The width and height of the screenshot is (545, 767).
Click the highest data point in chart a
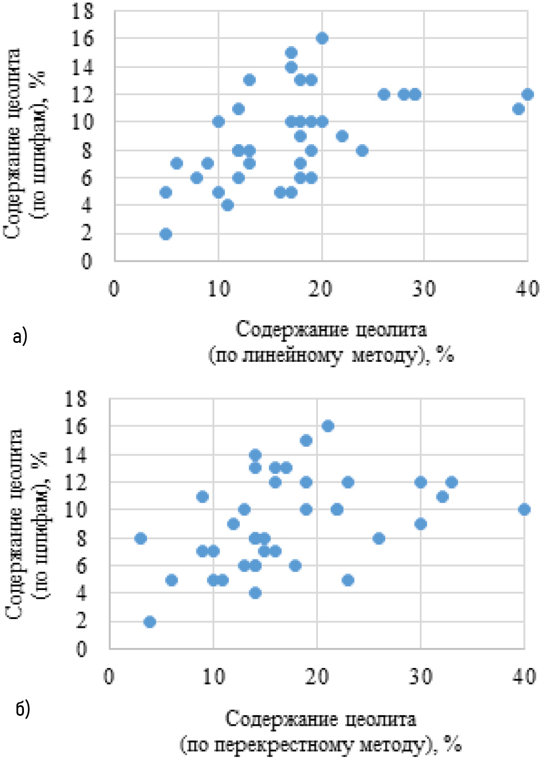[x=322, y=38]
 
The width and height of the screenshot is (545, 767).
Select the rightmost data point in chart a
[x=528, y=95]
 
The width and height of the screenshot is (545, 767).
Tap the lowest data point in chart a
[x=165, y=234]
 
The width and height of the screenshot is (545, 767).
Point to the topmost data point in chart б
[x=328, y=426]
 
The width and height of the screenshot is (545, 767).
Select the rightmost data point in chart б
[x=524, y=509]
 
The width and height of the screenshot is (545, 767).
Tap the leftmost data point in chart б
[x=141, y=538]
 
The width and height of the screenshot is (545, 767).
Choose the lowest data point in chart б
[x=149, y=622]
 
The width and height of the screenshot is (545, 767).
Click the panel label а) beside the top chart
[x=19, y=336]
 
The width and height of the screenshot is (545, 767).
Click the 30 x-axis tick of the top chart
[x=424, y=288]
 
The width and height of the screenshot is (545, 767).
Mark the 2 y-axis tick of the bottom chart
[x=81, y=621]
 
